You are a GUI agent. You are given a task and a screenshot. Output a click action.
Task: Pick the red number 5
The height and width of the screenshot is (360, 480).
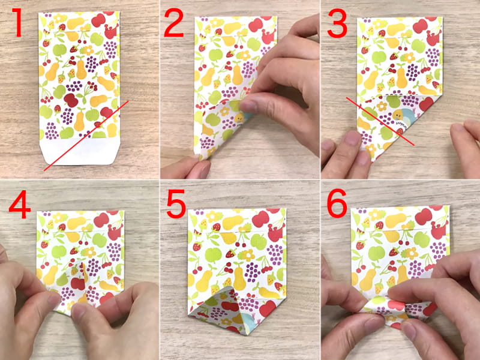tap(177, 204)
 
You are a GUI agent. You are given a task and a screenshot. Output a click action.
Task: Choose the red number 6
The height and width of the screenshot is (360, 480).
tap(337, 203)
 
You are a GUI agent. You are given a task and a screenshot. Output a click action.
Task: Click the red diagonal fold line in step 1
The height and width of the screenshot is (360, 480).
tap(86, 136)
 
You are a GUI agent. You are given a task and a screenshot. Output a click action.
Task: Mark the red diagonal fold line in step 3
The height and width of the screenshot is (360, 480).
tap(380, 121)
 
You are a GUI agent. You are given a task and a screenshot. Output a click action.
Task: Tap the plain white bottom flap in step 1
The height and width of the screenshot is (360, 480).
tap(79, 152)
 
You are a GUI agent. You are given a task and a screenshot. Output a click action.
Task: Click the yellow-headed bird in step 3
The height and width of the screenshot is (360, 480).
tap(398, 115)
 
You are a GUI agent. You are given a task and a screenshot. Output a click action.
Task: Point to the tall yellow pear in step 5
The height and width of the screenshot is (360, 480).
tap(239, 278)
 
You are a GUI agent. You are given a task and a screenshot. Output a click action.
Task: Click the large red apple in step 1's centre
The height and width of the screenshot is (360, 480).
tap(71, 100)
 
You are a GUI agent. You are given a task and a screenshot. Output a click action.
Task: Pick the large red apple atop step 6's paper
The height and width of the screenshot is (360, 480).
tap(424, 217)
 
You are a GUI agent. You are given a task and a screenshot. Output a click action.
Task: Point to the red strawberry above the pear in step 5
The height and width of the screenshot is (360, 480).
tap(232, 253)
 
